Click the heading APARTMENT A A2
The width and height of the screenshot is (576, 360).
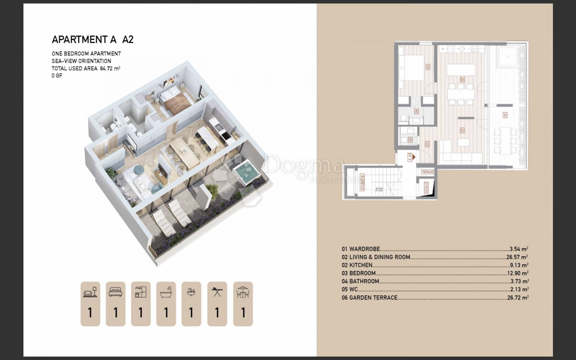coord(92,39)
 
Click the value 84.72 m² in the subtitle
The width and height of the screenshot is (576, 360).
coord(110,69)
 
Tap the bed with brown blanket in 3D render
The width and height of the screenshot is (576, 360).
coord(174,102)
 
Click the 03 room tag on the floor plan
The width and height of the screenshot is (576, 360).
coord(427,66)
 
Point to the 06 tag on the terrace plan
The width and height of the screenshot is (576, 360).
coord(504,115)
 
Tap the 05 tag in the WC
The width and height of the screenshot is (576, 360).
coord(409,140)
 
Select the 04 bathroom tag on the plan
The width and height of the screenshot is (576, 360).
coord(416,112)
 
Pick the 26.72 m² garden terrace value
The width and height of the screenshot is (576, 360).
coord(517,298)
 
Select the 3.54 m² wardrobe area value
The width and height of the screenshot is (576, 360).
coord(519,249)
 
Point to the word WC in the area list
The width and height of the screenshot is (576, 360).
coord(353,289)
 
